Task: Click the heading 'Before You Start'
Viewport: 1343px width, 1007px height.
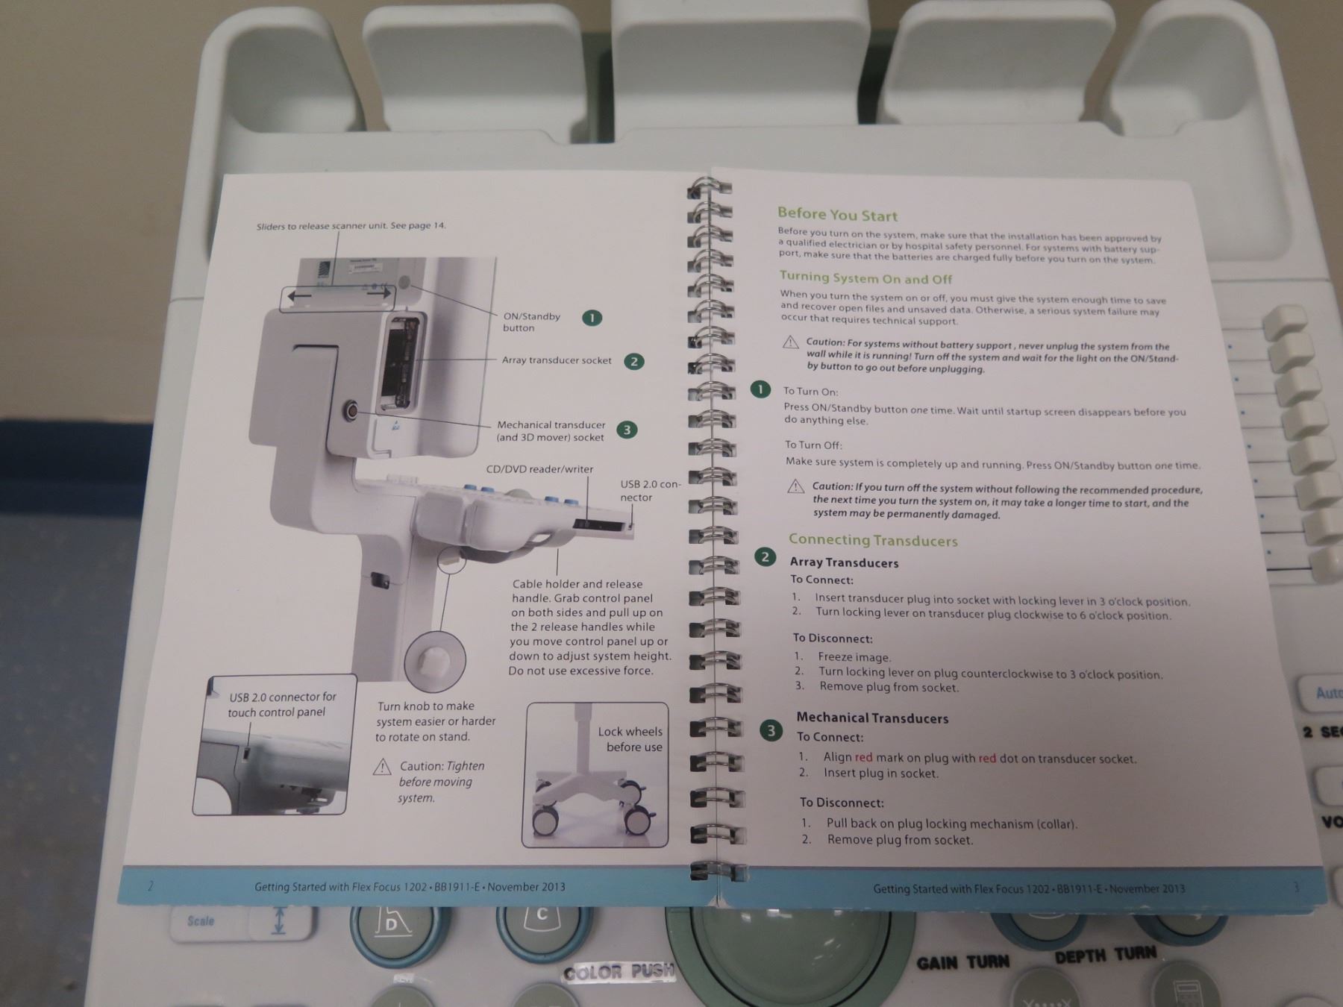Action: coord(837,215)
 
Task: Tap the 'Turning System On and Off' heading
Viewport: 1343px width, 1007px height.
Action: coord(865,278)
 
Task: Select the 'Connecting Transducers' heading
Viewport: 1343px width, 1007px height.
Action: coord(873,539)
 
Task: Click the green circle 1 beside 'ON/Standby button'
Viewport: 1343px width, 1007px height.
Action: coord(592,318)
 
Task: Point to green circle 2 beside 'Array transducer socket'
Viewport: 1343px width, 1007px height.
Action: coord(633,362)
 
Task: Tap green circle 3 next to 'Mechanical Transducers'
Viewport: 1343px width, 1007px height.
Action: coord(771,730)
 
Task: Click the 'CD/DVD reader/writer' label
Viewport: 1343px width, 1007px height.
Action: coord(539,469)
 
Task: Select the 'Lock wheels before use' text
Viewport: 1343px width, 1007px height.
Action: coord(630,739)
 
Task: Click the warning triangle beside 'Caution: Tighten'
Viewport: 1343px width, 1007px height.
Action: coord(382,767)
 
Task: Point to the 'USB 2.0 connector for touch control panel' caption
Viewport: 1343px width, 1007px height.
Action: coord(282,704)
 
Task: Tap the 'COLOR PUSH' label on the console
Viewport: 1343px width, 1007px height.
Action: coord(619,972)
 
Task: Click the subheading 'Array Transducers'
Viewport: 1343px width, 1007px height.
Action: coord(844,562)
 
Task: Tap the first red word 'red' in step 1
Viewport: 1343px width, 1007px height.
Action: coord(863,756)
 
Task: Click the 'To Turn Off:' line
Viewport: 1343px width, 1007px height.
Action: coord(813,445)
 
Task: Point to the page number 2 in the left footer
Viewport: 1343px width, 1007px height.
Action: coord(150,886)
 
